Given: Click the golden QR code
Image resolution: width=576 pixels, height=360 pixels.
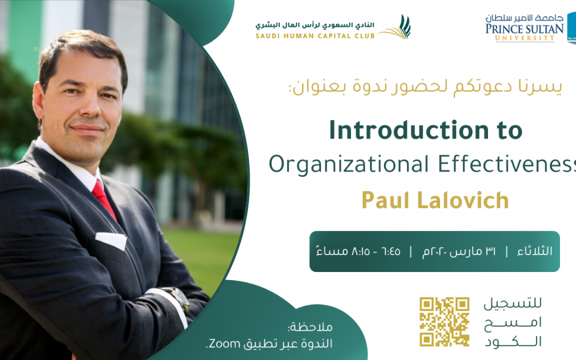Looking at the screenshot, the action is tap(444, 322).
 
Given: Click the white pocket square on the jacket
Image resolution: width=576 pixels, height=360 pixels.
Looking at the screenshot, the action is tap(111, 240).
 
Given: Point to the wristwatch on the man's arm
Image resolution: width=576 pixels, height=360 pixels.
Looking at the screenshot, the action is tap(178, 298).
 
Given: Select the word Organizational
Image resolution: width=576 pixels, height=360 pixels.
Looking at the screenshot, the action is tap(349, 165).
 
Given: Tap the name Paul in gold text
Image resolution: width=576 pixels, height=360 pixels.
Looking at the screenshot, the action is tap(386, 200).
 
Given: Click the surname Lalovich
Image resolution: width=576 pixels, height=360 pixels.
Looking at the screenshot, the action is tap(463, 200).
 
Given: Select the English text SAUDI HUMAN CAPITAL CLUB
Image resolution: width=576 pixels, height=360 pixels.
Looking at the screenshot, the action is tap(315, 36).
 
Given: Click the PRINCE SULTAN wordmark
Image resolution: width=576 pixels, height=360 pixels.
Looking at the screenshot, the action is tap(524, 29).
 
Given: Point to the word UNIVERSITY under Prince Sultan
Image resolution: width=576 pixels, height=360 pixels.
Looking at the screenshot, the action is tap(525, 38).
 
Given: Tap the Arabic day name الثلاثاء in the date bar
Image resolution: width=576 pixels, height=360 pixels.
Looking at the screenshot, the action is tap(534, 251).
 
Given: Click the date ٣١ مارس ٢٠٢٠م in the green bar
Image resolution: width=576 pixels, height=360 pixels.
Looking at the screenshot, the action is tap(459, 251).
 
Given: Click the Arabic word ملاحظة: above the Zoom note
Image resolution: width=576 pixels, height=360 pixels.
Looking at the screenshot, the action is tap(310, 326).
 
